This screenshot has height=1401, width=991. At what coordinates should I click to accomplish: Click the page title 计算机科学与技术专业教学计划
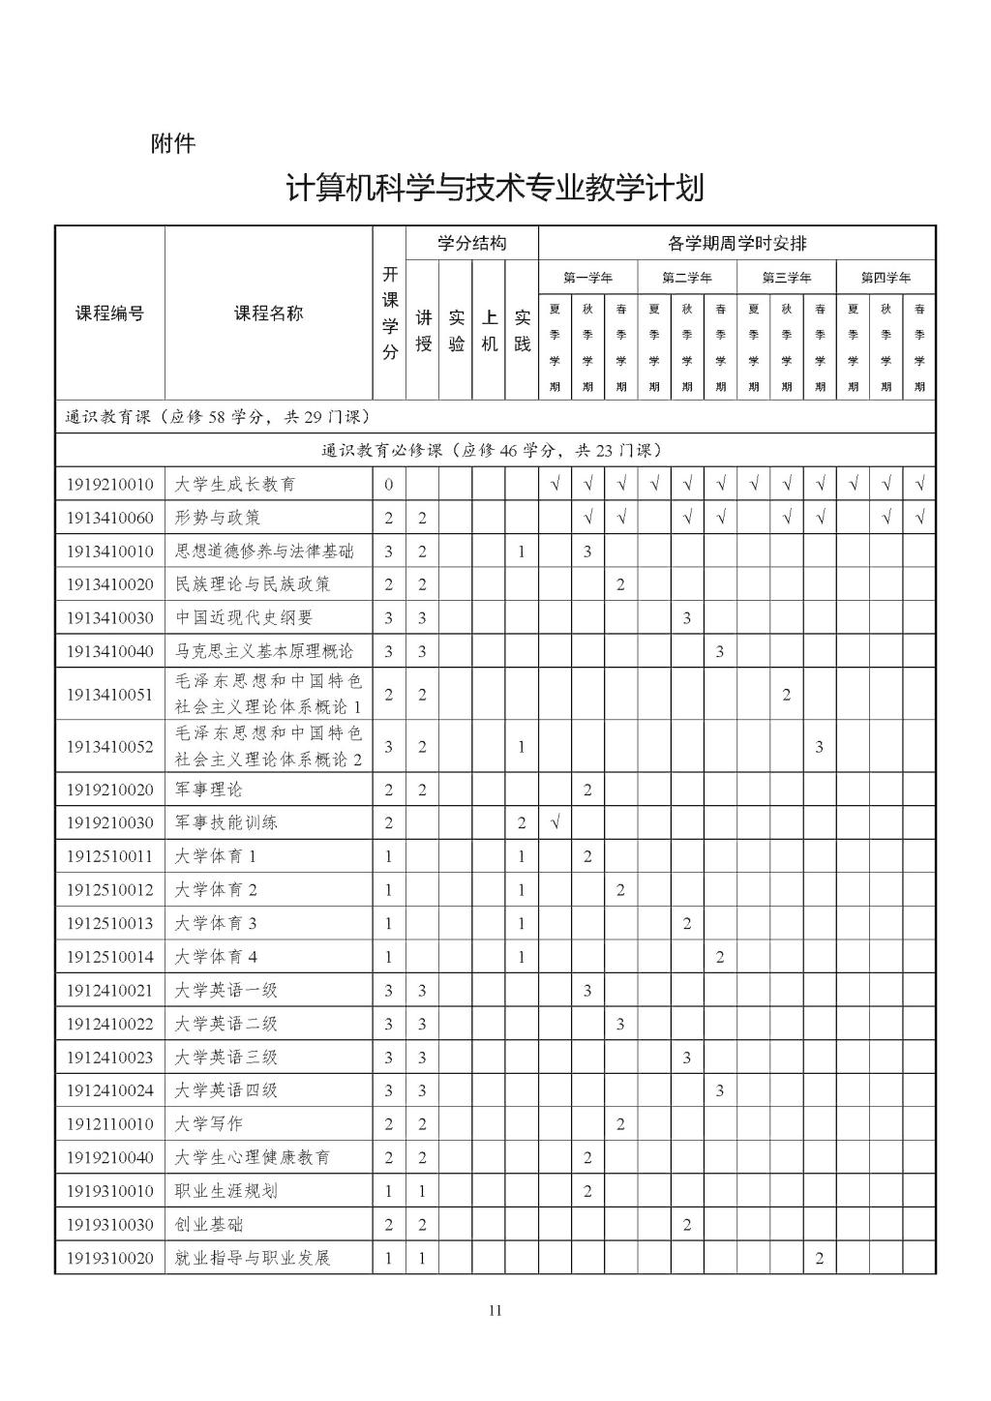[495, 187]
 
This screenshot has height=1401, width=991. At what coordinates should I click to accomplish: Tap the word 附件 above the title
[173, 143]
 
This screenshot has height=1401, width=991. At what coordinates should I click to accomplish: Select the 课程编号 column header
[109, 313]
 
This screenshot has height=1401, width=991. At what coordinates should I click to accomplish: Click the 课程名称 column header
[268, 313]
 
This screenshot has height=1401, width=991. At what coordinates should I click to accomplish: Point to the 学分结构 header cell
[471, 243]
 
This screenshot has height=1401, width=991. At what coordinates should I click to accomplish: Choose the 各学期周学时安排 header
[736, 243]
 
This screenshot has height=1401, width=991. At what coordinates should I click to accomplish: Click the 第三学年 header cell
[786, 278]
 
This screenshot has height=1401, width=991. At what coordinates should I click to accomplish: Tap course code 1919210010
[109, 484]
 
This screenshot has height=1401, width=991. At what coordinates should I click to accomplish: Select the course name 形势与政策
[218, 518]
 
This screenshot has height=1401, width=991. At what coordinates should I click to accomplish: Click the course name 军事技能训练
[226, 822]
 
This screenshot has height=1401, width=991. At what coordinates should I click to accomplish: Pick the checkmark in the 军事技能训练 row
[555, 822]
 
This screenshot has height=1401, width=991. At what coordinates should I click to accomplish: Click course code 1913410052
[109, 746]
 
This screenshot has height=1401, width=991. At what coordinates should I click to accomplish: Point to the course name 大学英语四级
[226, 1089]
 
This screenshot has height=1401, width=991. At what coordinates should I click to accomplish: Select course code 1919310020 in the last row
[109, 1258]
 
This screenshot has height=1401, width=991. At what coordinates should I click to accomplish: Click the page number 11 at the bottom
[495, 1311]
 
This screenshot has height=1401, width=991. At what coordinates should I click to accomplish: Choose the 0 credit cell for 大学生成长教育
[389, 484]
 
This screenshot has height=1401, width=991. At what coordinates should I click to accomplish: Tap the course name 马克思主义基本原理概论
[264, 651]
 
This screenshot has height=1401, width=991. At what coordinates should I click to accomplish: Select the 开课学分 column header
[389, 313]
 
